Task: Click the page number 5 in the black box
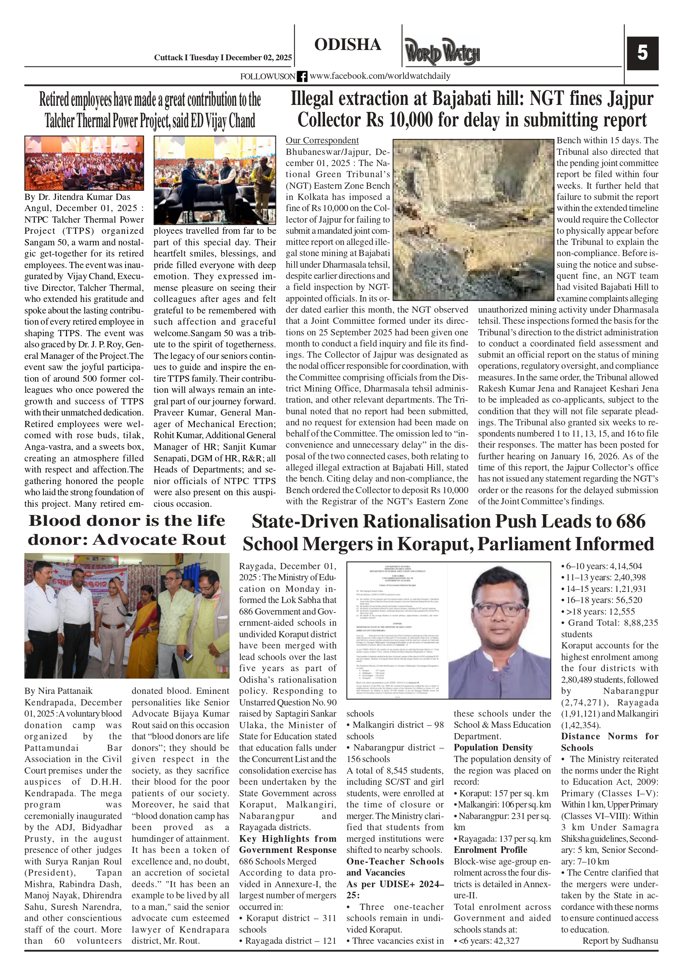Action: (x=642, y=53)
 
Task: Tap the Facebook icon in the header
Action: (x=302, y=76)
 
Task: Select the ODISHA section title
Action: (x=347, y=45)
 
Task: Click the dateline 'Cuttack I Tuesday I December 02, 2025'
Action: (x=223, y=58)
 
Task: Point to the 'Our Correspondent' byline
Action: (x=322, y=141)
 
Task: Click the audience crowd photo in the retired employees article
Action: (x=84, y=163)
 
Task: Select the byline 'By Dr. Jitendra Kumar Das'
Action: (x=77, y=197)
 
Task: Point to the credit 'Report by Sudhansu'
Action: (x=620, y=941)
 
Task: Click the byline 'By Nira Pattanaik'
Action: (x=58, y=691)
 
